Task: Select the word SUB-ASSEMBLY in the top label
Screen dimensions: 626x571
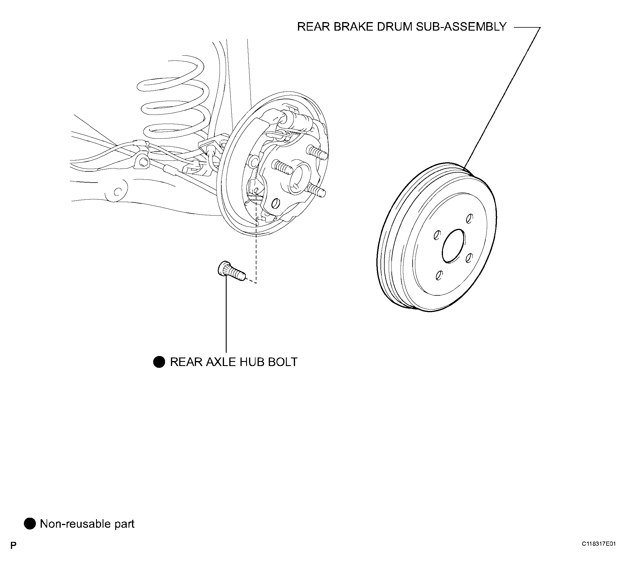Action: (x=462, y=27)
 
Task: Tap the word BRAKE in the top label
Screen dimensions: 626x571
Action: (x=353, y=27)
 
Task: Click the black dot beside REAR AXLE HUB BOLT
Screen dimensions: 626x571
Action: (x=159, y=362)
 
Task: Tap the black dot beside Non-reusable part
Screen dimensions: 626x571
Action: (x=30, y=524)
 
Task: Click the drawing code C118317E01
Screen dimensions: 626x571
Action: (x=599, y=552)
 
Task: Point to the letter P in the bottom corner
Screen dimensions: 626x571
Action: (x=13, y=554)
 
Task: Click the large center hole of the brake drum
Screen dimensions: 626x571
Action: (x=453, y=246)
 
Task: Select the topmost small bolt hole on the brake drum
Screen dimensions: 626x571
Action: (x=470, y=219)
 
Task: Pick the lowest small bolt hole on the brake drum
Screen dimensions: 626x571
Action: (x=439, y=275)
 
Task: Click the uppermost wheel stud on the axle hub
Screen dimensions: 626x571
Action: (x=317, y=153)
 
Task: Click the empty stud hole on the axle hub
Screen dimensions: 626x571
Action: (x=274, y=203)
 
